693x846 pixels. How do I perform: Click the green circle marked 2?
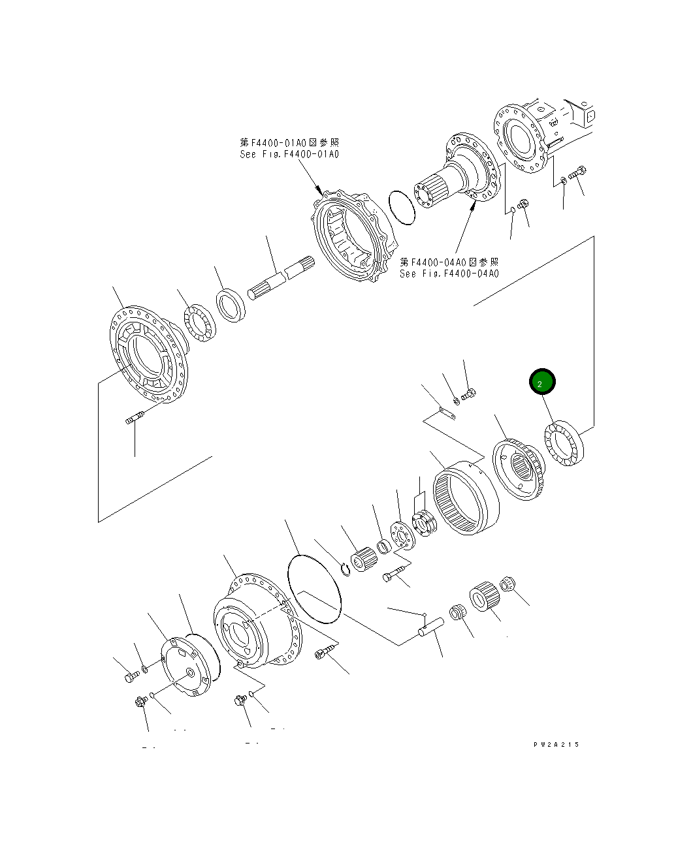(541, 383)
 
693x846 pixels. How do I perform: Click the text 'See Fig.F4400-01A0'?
(289, 155)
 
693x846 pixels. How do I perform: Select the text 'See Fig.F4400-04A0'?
(449, 274)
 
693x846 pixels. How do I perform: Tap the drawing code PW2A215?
(555, 744)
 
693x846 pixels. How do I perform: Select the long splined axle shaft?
(281, 278)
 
